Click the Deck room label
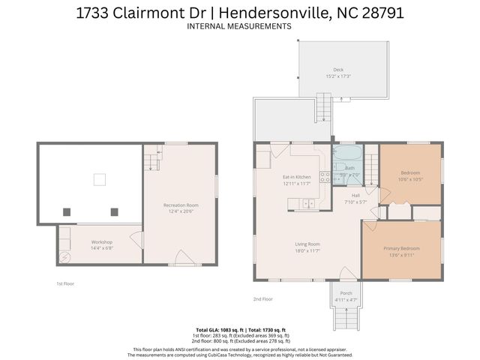pos(338,69)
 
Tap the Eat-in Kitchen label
pos(275,177)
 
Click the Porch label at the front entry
pos(346,293)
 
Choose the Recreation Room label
pos(181,205)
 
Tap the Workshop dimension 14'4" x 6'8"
pos(101,248)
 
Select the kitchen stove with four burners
pos(325,178)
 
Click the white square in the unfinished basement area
pos(98,179)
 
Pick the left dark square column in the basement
pos(67,211)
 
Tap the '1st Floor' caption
pos(65,283)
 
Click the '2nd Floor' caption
pos(262,298)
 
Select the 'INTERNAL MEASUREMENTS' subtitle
pos(239,26)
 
